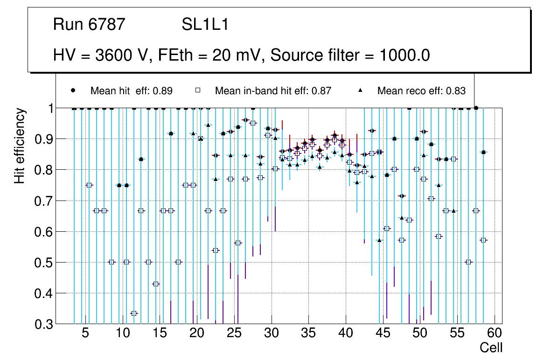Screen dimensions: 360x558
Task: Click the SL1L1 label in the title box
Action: (205, 25)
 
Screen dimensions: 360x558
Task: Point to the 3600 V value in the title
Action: (123, 55)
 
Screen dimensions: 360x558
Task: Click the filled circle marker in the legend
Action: (73, 90)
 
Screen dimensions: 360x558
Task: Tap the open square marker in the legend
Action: (198, 90)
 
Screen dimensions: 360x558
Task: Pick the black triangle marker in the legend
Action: (360, 90)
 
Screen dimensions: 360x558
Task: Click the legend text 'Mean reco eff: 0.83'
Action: (421, 91)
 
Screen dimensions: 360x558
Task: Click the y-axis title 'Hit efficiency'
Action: (20, 145)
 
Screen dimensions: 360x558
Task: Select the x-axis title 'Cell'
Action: (491, 347)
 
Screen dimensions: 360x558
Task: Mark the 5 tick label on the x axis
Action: (85, 333)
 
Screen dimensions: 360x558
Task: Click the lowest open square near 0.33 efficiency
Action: (134, 313)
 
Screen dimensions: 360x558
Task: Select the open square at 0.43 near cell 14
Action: (156, 284)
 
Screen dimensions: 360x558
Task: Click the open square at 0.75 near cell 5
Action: (89, 185)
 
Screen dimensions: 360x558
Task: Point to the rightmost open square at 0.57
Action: (483, 240)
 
